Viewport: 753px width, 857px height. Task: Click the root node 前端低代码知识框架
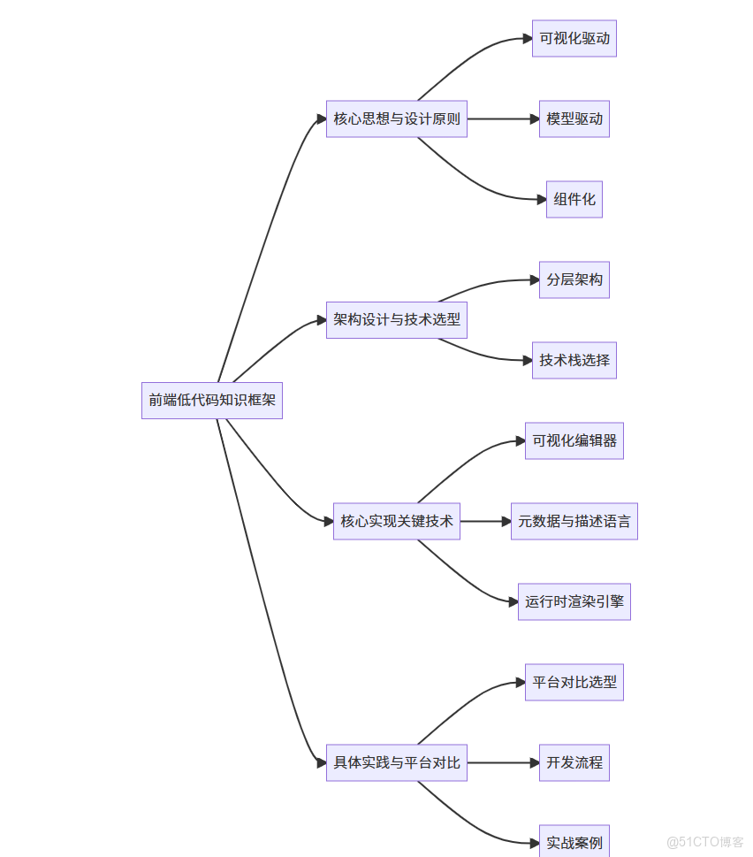[212, 401]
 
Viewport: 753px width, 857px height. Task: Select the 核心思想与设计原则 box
[397, 119]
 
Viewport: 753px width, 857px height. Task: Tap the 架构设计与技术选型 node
[397, 320]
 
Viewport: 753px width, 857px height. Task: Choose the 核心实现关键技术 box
[397, 522]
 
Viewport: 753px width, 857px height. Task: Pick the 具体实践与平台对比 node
[397, 762]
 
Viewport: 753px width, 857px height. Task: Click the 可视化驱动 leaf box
[574, 39]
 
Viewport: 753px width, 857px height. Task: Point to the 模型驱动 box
[574, 119]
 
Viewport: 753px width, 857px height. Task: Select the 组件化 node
[574, 200]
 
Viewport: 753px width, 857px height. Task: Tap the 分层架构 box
[574, 280]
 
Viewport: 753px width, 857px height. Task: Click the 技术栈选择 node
[574, 361]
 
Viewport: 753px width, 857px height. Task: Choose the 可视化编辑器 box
[574, 440]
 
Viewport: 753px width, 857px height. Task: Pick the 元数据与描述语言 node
[574, 522]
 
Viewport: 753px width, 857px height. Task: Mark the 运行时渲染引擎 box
[574, 601]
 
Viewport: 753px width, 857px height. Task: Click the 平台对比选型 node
[574, 683]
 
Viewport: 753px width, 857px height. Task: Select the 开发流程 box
[574, 762]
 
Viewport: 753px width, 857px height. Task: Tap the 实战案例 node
[574, 843]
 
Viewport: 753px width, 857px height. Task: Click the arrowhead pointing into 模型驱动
[533, 119]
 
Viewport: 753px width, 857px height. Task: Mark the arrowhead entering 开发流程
[533, 762]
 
